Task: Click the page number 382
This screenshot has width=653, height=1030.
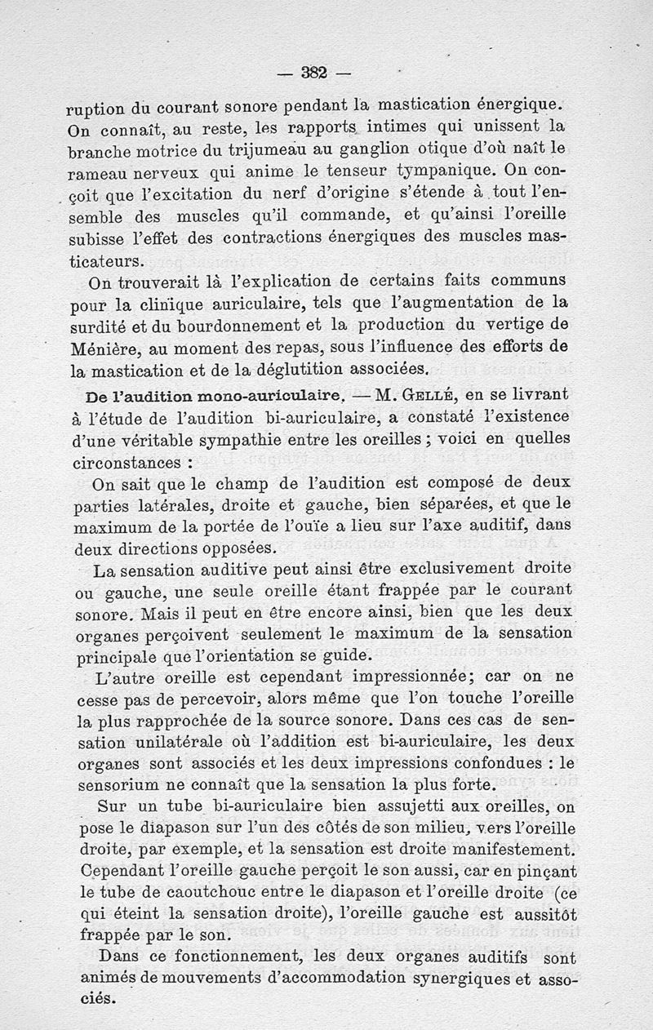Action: (314, 72)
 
